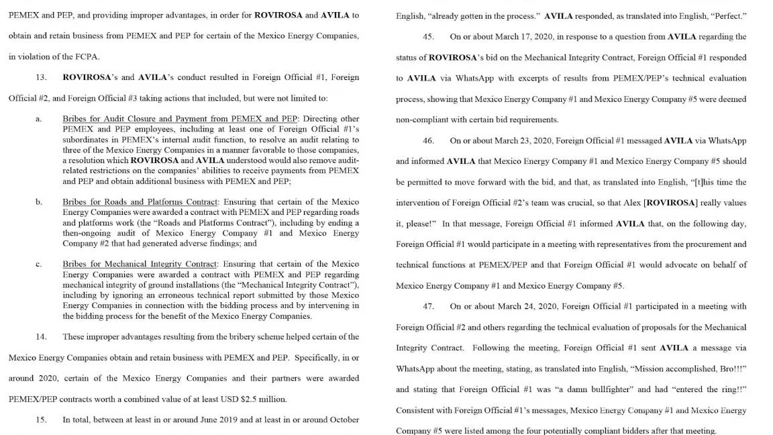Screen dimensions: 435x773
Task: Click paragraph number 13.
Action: (x=41, y=77)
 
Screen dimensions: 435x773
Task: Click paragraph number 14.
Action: (x=41, y=336)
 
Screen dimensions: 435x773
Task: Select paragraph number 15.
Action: (x=41, y=420)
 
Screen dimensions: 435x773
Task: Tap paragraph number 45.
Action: (x=428, y=36)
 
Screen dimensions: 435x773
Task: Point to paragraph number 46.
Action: (x=428, y=140)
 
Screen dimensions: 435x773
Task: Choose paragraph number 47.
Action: (x=428, y=306)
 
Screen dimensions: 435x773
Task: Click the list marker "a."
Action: (x=39, y=119)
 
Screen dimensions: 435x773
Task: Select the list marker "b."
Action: (x=39, y=202)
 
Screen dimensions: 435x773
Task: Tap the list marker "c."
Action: (x=39, y=264)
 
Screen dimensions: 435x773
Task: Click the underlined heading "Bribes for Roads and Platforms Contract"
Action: (x=140, y=202)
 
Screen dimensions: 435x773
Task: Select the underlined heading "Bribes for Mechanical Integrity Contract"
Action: (x=140, y=264)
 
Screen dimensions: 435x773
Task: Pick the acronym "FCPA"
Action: (x=87, y=56)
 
